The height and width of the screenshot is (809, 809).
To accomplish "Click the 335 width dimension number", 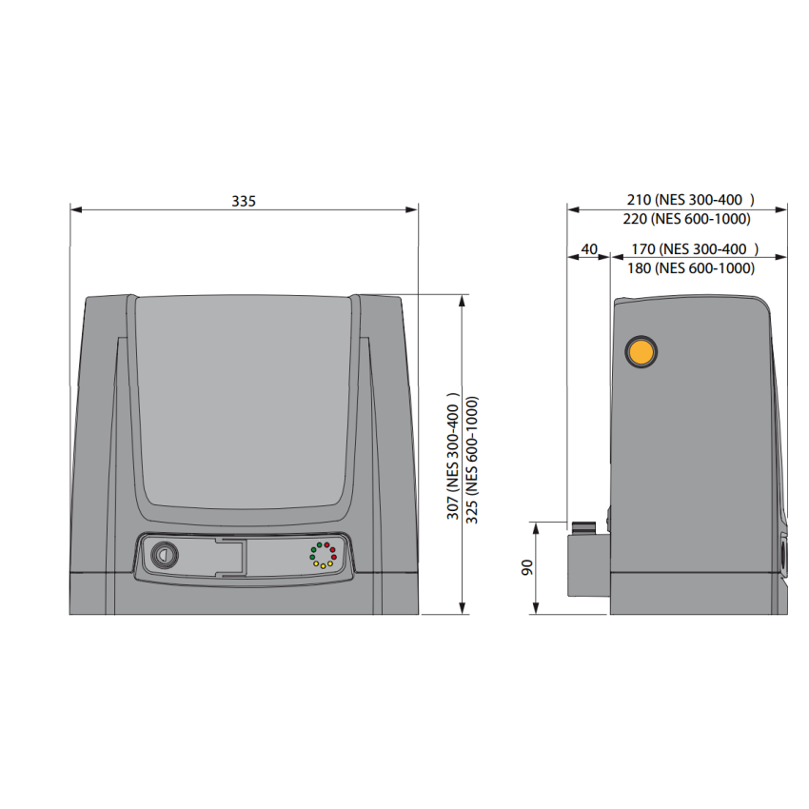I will click(244, 201).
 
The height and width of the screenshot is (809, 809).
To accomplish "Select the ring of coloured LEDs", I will click(322, 555).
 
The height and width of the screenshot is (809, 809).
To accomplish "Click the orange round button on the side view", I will click(641, 351).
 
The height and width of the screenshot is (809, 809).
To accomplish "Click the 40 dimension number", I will click(589, 249).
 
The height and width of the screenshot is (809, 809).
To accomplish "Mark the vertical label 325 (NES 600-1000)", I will click(472, 456).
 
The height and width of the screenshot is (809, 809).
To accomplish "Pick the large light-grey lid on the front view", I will click(244, 400).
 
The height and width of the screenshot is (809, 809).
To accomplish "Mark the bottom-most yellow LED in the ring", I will click(322, 566).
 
